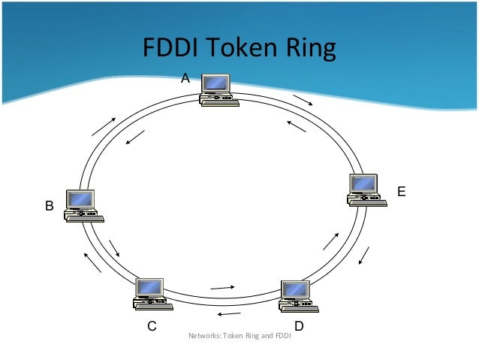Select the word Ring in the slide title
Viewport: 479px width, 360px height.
coord(308,50)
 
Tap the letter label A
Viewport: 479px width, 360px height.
coord(185,77)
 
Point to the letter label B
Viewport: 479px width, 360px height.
coord(50,205)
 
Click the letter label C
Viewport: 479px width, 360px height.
coord(152,326)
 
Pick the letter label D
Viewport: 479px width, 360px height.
coord(299,326)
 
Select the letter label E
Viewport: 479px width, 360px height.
coord(402,192)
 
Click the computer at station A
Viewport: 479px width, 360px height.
coord(218,91)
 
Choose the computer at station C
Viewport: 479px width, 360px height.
coord(152,294)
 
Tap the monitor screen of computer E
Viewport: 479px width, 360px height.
coord(365,183)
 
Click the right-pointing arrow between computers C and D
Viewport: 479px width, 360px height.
coord(223,286)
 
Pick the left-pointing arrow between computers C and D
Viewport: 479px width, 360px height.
coord(228,314)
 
